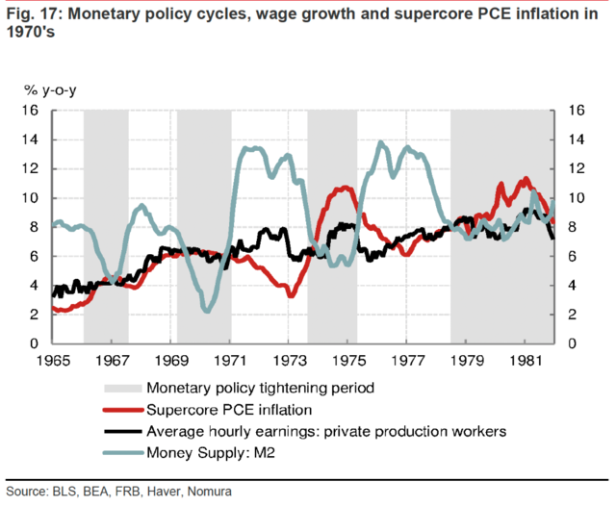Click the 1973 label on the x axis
(x=290, y=361)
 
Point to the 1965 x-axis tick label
(x=53, y=361)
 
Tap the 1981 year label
(x=526, y=361)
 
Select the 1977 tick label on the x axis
(x=408, y=361)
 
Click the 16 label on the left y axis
(x=30, y=111)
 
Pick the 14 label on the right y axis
(x=577, y=139)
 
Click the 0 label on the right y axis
(x=572, y=343)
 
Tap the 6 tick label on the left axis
(x=34, y=256)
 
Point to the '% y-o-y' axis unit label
(x=50, y=90)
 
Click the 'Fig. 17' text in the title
(x=34, y=14)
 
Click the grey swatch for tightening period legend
(x=122, y=389)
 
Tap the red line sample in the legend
(x=123, y=410)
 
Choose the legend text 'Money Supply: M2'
(x=211, y=453)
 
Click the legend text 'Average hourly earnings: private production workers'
(x=326, y=431)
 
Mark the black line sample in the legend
(x=122, y=431)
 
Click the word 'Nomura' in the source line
(x=210, y=492)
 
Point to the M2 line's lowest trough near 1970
(x=208, y=311)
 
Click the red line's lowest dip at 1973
(x=291, y=294)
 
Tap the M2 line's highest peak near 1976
(x=380, y=143)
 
